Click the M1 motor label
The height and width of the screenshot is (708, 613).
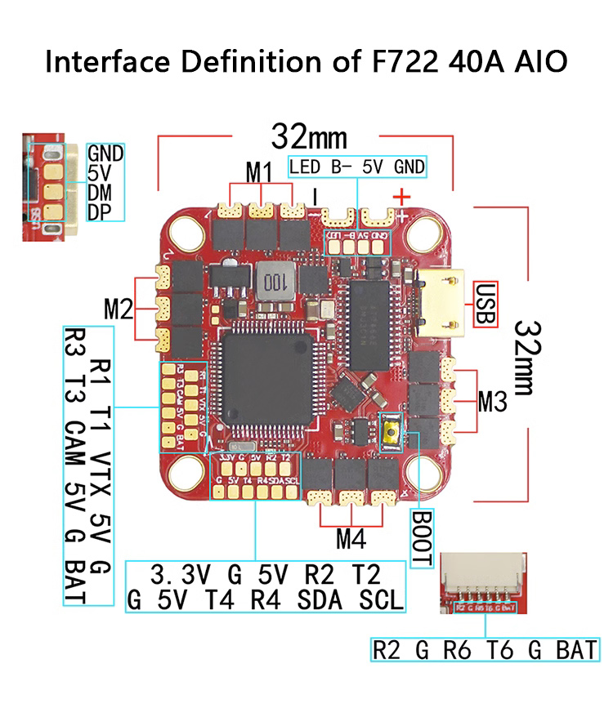260,172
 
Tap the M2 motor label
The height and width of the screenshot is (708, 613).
119,309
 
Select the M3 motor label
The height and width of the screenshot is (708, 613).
493,401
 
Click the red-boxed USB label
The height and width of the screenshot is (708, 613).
485,305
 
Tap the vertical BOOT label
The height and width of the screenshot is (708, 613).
421,539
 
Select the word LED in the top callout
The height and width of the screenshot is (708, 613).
305,167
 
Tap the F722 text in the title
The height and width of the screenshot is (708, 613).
394,62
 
